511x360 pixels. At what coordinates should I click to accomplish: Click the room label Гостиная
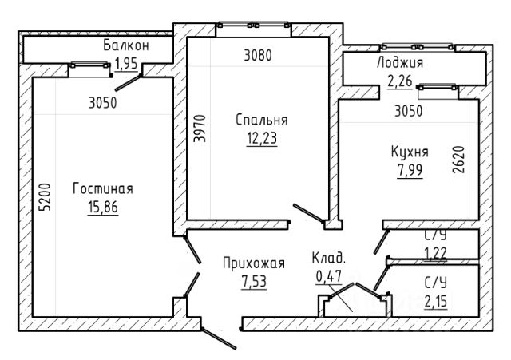coord(103,189)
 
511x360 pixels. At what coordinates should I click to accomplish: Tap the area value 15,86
coord(103,207)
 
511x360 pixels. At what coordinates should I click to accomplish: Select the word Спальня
coord(262,120)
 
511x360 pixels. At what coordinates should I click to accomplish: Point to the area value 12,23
coord(262,138)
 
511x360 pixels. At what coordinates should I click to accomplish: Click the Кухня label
coord(410,152)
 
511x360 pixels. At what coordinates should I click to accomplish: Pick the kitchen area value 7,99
coord(410,170)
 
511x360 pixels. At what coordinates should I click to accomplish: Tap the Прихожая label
coord(254,263)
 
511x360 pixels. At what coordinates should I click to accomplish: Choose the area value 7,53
coord(254,281)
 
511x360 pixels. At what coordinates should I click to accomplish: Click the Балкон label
coord(126,45)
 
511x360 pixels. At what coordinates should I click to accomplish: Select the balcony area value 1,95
coord(126,64)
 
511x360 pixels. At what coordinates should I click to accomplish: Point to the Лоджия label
coord(400,62)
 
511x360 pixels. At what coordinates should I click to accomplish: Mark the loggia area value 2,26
coord(400,81)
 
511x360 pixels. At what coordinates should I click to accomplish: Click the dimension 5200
coord(45,197)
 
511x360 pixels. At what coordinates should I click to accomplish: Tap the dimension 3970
coord(200,129)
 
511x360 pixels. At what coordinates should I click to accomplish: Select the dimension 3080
coord(258,55)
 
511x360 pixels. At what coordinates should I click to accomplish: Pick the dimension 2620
coord(458,160)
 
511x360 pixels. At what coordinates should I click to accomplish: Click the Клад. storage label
coord(328,258)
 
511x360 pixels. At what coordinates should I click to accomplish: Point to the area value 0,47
coord(328,276)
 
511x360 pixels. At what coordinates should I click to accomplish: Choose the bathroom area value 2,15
coord(436,301)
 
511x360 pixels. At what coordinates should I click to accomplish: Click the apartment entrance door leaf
coord(218,338)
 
